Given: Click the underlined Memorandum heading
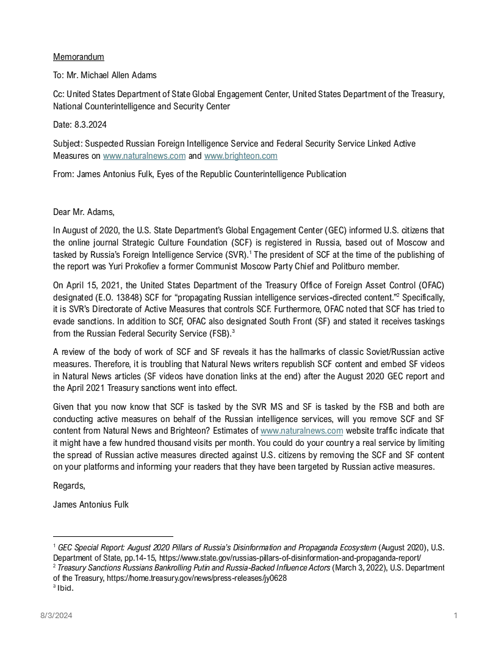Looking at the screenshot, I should tap(78, 57).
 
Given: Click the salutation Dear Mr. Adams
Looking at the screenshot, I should tap(84, 213).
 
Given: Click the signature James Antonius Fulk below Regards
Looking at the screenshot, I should tap(91, 505).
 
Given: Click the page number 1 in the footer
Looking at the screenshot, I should tap(456, 616).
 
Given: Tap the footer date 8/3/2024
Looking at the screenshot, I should tap(56, 616).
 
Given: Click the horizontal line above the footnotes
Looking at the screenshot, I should tap(113, 536).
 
